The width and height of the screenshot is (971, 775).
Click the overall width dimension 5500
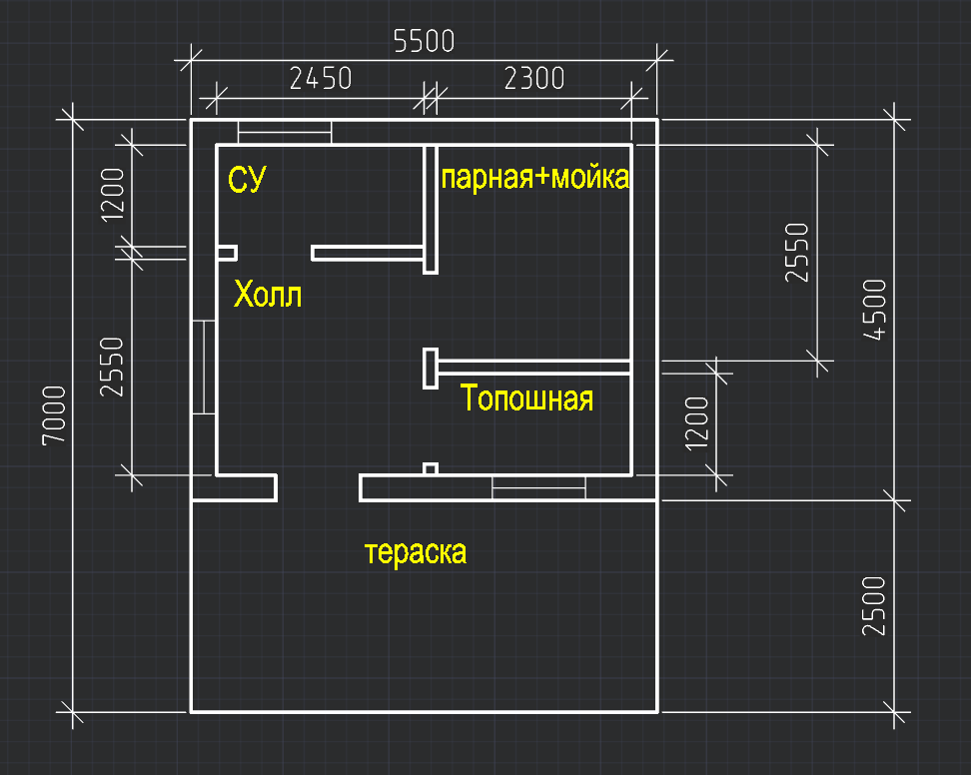425,41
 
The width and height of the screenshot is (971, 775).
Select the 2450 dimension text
320,78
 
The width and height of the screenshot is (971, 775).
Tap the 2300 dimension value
534,78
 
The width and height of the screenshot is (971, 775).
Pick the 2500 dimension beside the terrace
874,606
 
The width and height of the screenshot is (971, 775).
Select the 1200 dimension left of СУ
112,193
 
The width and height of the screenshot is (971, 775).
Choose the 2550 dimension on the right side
796,253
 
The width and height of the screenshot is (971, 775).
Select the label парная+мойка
535,179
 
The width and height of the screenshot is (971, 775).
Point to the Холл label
267,296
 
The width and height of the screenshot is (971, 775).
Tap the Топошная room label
527,398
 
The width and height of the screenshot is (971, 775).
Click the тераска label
416,552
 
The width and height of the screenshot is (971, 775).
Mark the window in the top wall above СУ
285,132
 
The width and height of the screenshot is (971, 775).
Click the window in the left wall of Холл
204,367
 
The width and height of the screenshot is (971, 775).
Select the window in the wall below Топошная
538,488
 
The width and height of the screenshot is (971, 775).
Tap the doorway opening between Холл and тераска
318,488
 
